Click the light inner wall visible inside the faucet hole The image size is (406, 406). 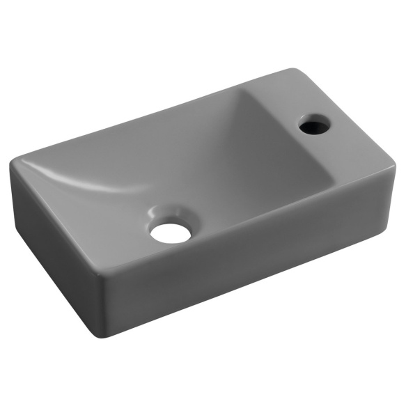coord(318,130)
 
